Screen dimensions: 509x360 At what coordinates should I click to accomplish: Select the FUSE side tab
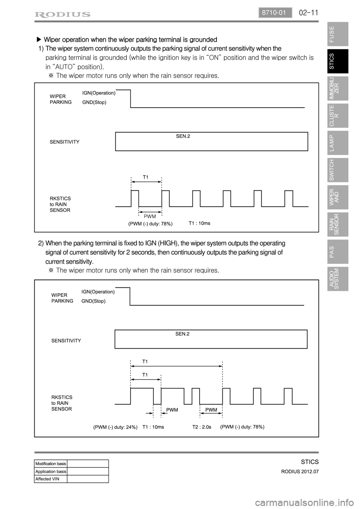coord(337,34)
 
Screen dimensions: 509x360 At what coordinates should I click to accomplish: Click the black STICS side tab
coord(337,61)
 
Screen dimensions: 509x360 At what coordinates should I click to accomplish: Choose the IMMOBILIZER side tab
coord(337,88)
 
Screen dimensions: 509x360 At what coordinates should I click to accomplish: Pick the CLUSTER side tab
coord(337,115)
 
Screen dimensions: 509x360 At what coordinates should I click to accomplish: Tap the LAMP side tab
coord(337,143)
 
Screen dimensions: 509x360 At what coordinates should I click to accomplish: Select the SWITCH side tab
coord(337,170)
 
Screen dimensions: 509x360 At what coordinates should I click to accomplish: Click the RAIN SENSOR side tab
coord(337,225)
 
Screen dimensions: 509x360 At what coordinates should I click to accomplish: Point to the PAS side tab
coord(337,252)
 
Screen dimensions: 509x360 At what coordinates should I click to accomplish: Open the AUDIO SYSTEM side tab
coord(337,279)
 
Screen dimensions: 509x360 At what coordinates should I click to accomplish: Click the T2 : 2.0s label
coord(202,427)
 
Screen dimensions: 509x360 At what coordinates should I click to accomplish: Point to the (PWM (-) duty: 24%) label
coord(115,427)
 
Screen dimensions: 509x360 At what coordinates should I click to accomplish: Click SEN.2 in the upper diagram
coord(183,136)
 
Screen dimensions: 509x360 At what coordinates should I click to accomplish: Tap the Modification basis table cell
coord(51,464)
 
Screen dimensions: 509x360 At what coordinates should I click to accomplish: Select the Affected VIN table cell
coord(51,479)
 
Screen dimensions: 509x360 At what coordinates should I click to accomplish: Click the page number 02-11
coord(309,13)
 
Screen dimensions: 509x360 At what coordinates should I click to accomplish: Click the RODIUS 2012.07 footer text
coord(300,472)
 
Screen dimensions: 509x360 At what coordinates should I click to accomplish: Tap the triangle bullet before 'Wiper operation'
coord(38,39)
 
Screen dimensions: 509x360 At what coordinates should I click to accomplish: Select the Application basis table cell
coord(51,472)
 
